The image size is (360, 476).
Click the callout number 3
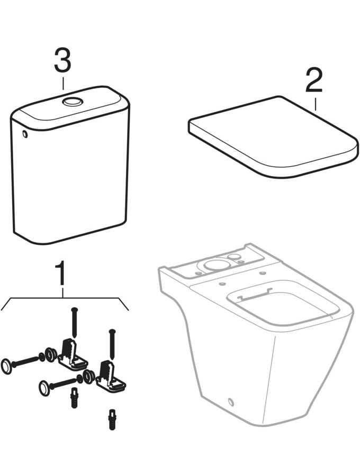pos(62,60)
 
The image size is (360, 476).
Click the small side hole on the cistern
pos(24,134)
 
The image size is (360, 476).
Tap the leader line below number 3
pos(63,84)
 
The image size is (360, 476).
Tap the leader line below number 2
pos(316,104)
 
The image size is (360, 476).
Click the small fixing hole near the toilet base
pos(231,403)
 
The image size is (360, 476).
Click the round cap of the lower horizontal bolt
pos(44,388)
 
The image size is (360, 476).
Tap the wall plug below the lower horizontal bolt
pos(74,398)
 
